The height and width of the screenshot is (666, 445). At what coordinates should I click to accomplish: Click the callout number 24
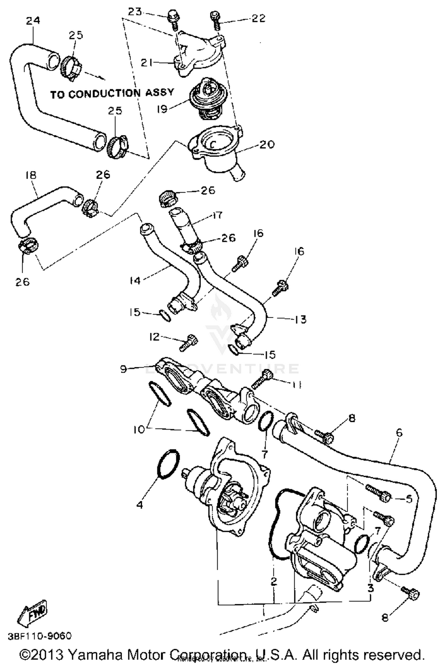pos(33,20)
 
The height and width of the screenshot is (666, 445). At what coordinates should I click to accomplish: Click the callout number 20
pos(267,145)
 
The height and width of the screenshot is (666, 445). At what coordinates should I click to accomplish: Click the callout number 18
pos(31,175)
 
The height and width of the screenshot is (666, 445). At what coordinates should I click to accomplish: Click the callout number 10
pos(139,429)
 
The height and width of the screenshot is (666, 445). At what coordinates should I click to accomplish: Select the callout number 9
pos(123,369)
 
